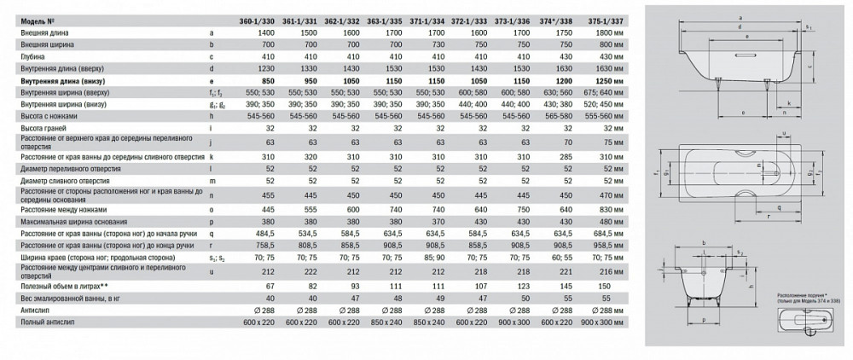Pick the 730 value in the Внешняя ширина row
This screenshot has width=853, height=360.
coord(433,43)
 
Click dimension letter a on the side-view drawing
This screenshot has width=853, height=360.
coord(740,18)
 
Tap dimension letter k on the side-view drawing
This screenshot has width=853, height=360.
coord(789,104)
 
